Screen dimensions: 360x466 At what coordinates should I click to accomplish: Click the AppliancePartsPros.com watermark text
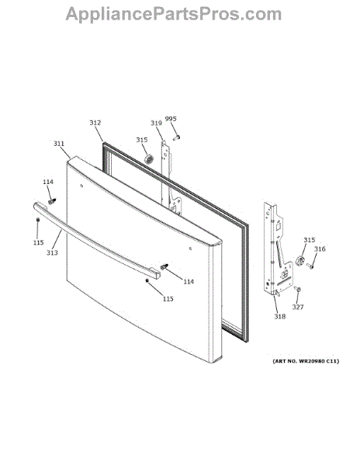pos(173,14)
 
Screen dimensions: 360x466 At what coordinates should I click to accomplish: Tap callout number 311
pos(59,144)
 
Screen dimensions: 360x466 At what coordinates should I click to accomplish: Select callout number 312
pos(95,123)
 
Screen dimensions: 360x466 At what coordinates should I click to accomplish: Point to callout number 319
pos(156,123)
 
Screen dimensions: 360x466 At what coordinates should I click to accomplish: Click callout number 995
pos(171,119)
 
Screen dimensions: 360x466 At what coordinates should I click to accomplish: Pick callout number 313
pos(52,252)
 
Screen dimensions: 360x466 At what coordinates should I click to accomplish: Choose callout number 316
pos(320,249)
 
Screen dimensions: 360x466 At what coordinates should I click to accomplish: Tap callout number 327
pos(298,307)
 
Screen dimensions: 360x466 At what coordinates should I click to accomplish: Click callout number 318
pos(279,317)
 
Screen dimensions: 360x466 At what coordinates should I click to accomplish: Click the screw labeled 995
pos(177,137)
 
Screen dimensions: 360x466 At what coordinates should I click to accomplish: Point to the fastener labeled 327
pos(298,289)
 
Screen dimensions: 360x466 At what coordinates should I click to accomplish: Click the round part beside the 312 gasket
pos(148,159)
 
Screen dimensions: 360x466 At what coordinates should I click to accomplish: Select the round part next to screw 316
pos(300,261)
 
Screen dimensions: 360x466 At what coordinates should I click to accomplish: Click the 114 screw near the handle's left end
pos(52,201)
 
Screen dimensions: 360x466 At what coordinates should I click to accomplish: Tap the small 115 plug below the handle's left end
pos(38,220)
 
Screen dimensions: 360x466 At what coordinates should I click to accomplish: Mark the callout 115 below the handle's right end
pos(168,299)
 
